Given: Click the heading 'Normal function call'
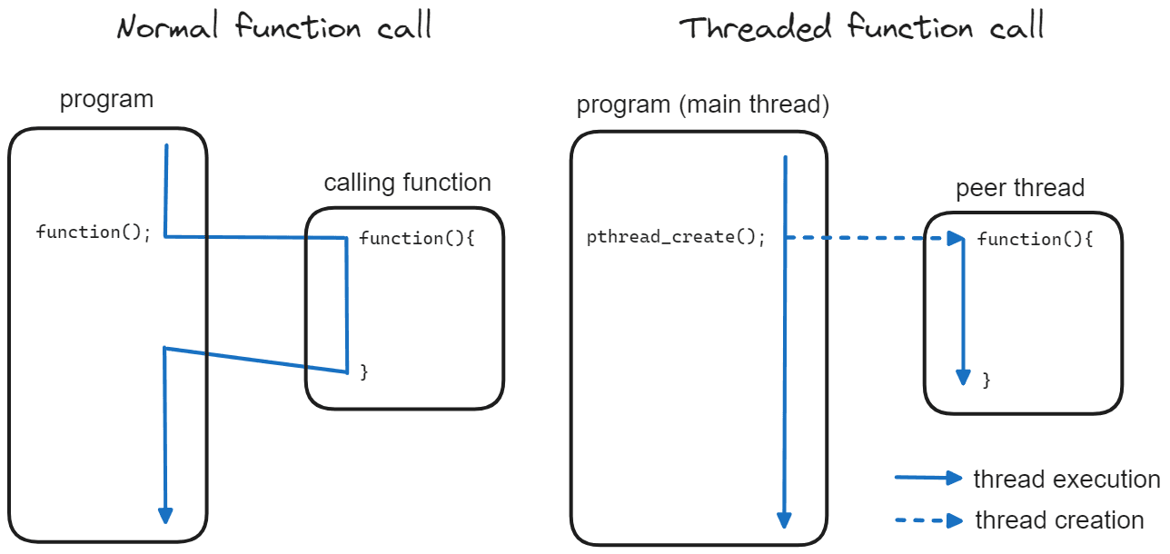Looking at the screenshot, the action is (x=274, y=26).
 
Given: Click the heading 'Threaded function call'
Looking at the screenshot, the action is (x=861, y=26).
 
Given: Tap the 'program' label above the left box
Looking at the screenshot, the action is (x=106, y=100).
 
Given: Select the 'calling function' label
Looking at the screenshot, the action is (x=407, y=183).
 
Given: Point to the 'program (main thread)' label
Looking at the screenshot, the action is (x=702, y=104).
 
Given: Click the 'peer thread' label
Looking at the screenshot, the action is (x=1020, y=188).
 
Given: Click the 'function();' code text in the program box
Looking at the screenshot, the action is (x=94, y=232).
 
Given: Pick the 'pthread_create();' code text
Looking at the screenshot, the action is (x=676, y=237).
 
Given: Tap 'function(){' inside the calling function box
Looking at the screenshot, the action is (x=417, y=238).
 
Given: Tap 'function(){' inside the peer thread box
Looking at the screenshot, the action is (x=1035, y=239).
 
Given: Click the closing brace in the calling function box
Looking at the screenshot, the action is (x=364, y=372).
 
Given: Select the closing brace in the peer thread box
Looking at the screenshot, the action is (x=987, y=381).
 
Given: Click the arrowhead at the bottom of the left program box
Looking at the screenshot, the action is (x=165, y=516).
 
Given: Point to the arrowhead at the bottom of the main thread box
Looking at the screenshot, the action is (x=784, y=520).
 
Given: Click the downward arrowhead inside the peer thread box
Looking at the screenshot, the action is (x=963, y=377).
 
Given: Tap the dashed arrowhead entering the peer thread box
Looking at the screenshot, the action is (x=956, y=238).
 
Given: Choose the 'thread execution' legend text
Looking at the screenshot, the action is (x=1066, y=480).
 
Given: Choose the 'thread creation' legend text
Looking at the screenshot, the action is (x=1059, y=520).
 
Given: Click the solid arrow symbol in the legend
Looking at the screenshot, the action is (x=928, y=478).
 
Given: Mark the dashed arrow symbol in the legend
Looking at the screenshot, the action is (x=928, y=520).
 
